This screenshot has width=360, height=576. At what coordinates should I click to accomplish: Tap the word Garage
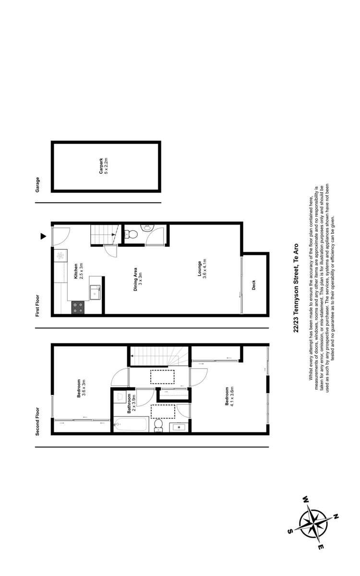[x=37, y=184]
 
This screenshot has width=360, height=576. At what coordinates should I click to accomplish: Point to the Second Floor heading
[x=37, y=421]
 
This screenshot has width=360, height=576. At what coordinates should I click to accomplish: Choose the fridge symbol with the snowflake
[x=60, y=256]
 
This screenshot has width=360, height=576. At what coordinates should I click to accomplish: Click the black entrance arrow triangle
[x=43, y=236]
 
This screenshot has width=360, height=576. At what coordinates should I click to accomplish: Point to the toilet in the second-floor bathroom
[x=159, y=425]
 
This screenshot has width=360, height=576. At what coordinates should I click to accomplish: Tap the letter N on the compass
[x=336, y=517]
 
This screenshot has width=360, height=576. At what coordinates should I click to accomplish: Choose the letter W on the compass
[x=305, y=500]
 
